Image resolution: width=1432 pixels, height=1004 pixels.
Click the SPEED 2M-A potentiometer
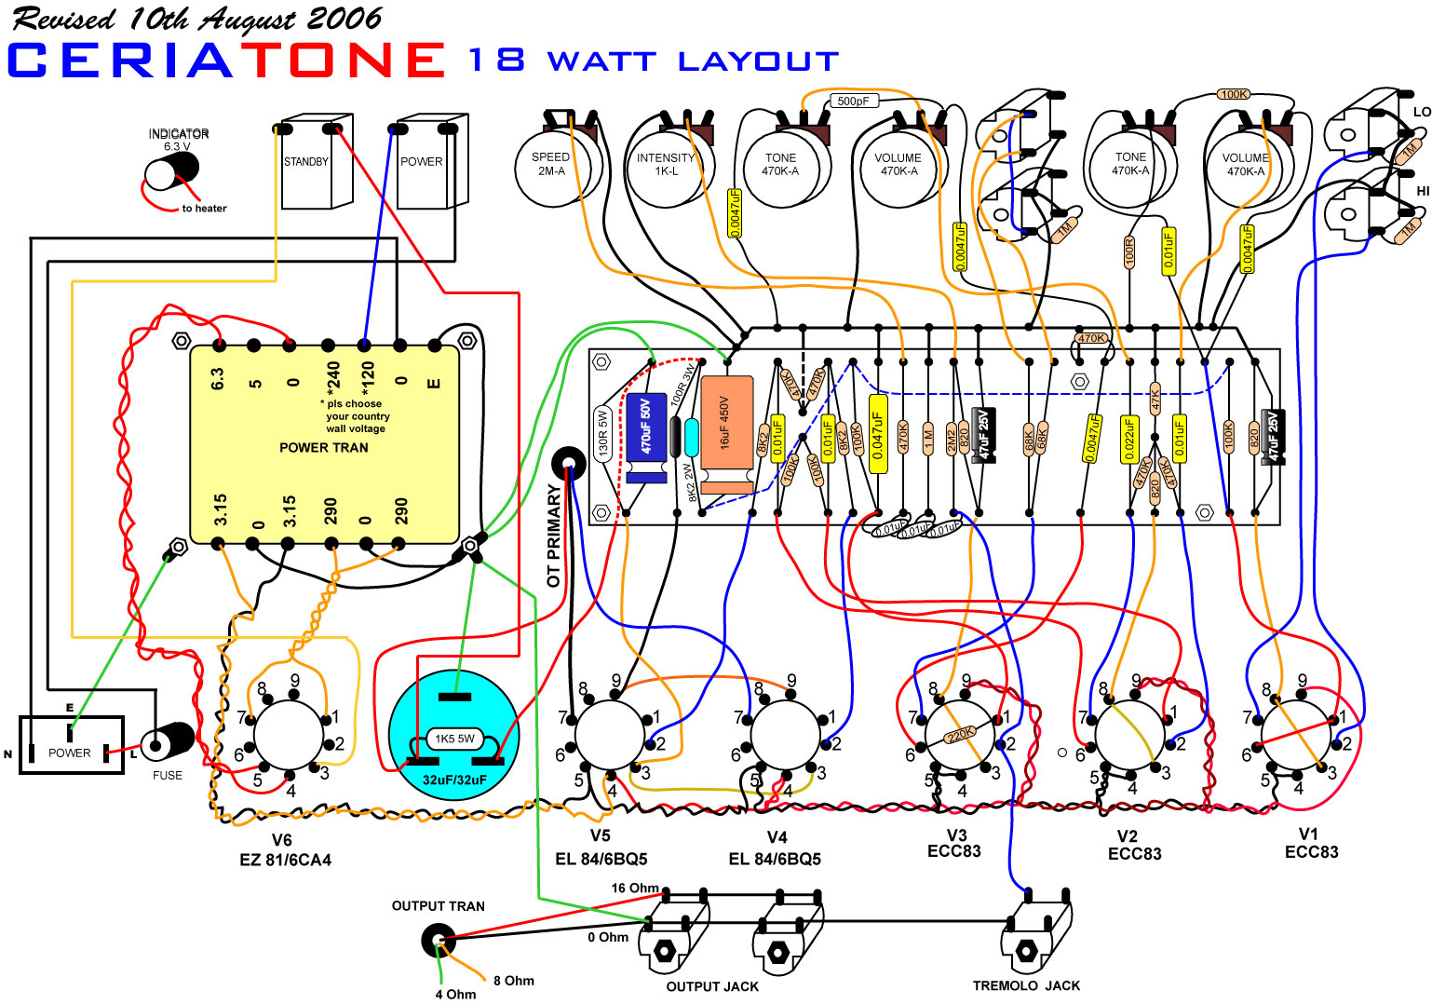[x=551, y=166]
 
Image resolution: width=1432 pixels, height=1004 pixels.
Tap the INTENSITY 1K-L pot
[x=666, y=166]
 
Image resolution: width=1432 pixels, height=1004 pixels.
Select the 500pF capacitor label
[x=853, y=101]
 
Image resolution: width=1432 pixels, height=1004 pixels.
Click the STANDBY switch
[x=306, y=162]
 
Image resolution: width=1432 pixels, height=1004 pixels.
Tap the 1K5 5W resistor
[x=454, y=739]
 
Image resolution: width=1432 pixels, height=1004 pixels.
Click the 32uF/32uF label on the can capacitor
[x=454, y=780]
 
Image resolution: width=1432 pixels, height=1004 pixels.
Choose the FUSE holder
[x=169, y=742]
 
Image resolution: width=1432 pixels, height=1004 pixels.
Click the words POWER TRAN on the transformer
[x=324, y=448]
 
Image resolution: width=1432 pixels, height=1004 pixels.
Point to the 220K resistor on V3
[x=960, y=735]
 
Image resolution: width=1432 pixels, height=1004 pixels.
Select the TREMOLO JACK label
[x=1026, y=985]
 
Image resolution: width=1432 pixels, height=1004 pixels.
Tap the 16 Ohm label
[x=634, y=889]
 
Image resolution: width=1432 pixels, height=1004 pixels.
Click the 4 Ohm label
[x=456, y=994]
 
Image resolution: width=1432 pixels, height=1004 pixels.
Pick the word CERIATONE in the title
[x=226, y=61]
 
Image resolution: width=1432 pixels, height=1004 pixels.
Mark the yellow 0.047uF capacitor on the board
[x=877, y=433]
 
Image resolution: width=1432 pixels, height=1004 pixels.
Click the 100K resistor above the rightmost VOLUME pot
[x=1234, y=94]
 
